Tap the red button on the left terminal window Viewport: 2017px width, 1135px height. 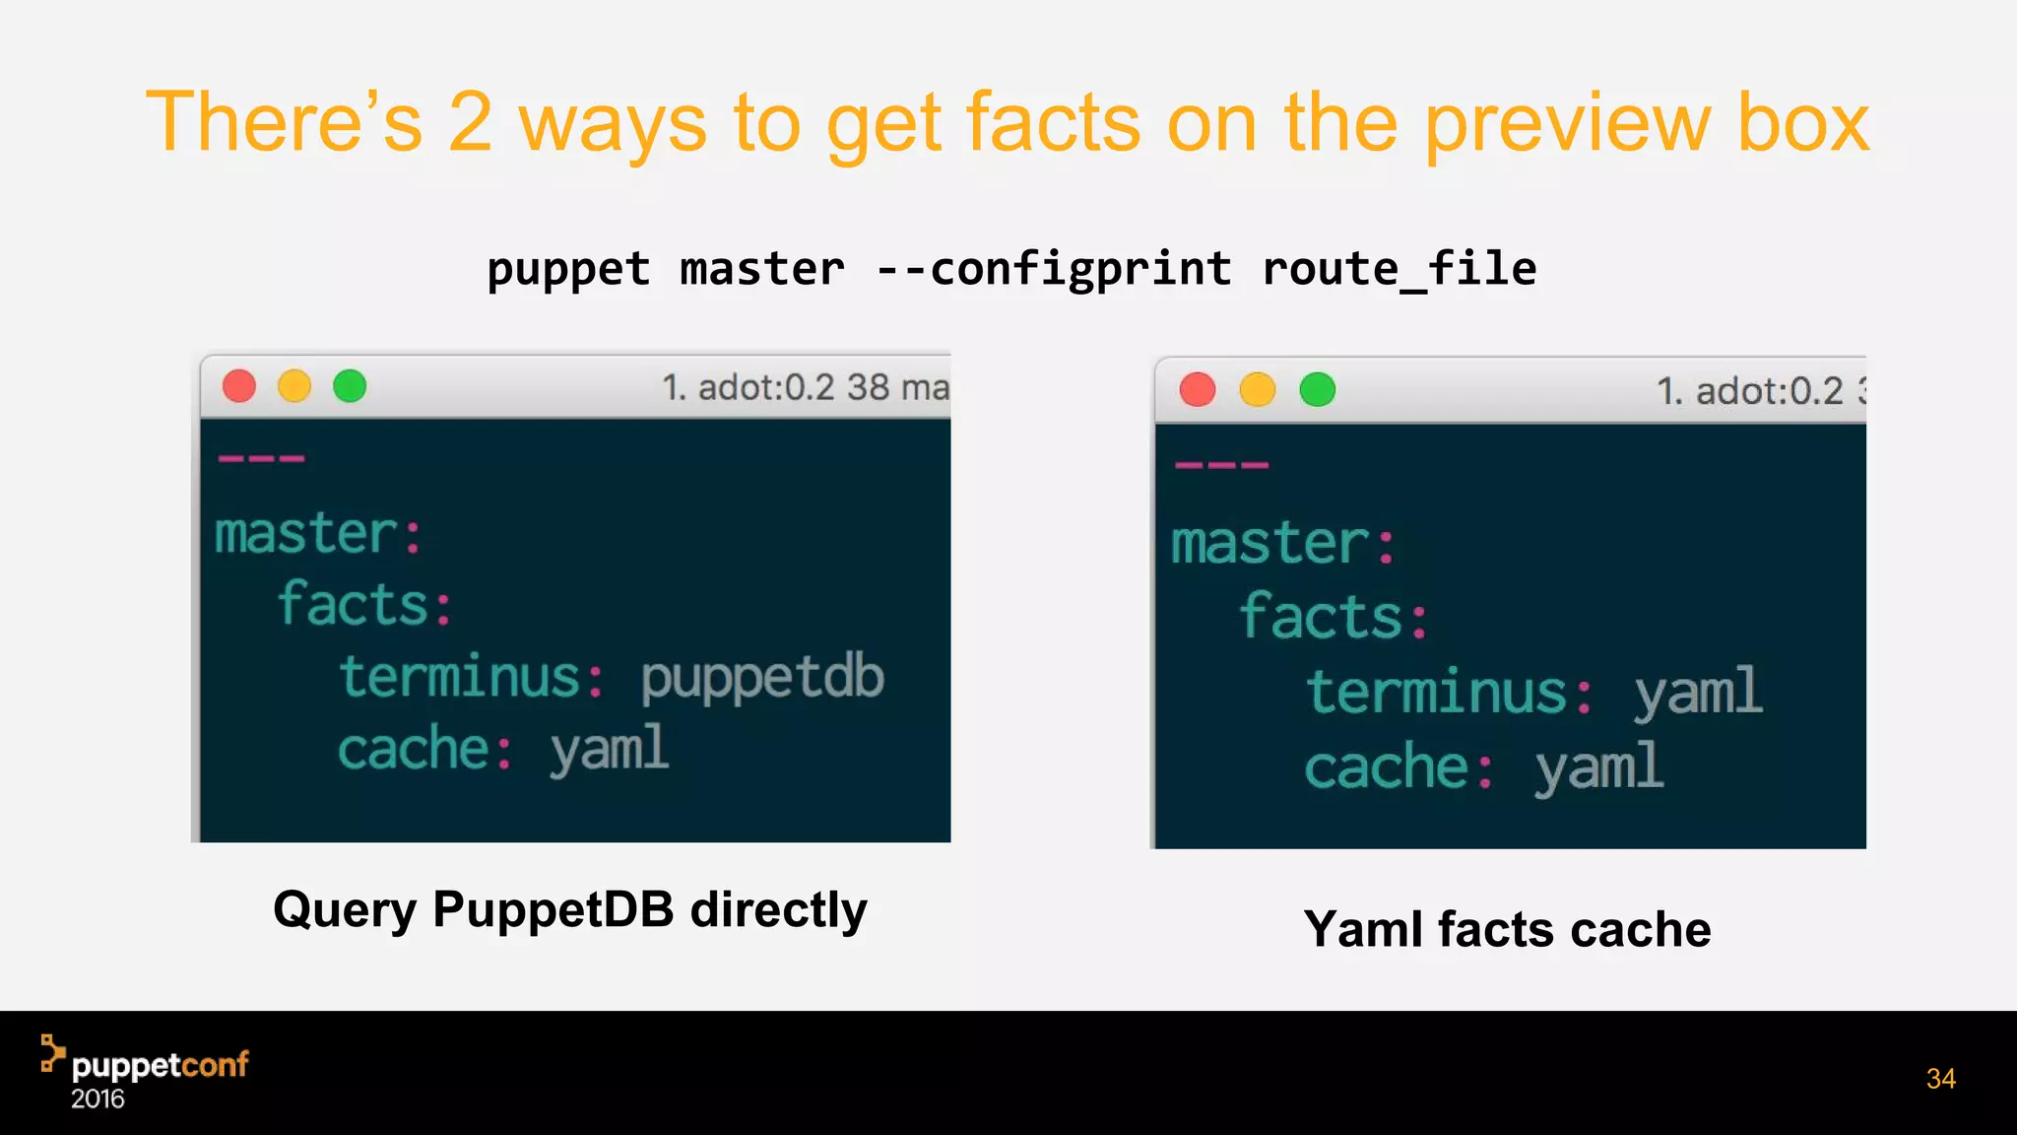[239, 386]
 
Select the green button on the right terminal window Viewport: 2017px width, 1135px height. [1318, 390]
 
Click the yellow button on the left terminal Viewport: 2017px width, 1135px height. [294, 386]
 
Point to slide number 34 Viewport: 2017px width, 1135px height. [1940, 1079]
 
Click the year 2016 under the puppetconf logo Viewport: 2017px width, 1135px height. [98, 1100]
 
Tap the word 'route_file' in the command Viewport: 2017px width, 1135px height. [1399, 269]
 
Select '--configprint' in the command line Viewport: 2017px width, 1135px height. [1053, 269]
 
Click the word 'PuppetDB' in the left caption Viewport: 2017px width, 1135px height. [553, 908]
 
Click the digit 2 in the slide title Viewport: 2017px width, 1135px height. [470, 122]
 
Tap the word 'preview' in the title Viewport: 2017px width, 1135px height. [1568, 124]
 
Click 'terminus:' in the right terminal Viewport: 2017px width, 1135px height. [1449, 692]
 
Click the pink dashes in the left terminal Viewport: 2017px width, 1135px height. [262, 459]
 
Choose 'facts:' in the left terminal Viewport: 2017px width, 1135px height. [364, 604]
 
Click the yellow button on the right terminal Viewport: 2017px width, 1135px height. [1257, 390]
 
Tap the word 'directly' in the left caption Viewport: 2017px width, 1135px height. [778, 910]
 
